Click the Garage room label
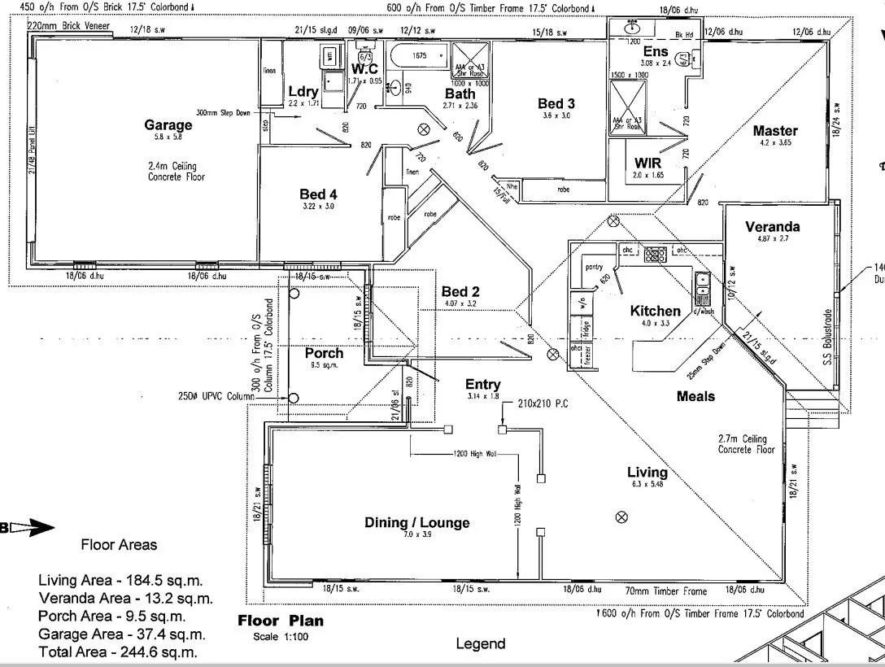point(168,125)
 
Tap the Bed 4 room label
point(318,194)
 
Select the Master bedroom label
point(775,130)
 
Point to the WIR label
point(648,163)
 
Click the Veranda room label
point(773,227)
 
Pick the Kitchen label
point(656,311)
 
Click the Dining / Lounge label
point(416,523)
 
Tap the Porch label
point(324,353)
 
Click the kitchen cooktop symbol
point(656,255)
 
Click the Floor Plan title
point(280,621)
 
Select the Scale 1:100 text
point(281,637)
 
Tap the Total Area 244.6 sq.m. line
point(118,652)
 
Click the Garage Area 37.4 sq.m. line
point(121,634)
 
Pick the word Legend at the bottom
point(480,644)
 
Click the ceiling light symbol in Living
point(622,516)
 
